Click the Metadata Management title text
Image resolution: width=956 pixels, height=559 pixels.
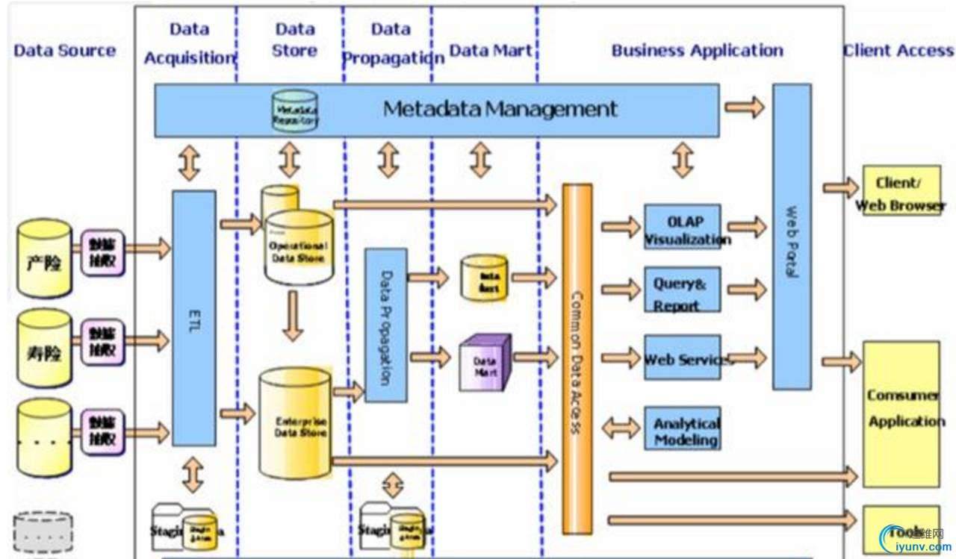[500, 109]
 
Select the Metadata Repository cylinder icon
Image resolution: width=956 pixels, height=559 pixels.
[295, 111]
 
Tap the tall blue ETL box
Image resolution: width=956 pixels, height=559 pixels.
[193, 318]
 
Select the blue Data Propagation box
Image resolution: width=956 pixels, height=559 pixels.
[386, 325]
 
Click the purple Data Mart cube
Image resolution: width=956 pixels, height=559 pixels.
[485, 363]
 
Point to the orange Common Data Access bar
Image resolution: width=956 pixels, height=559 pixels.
[577, 358]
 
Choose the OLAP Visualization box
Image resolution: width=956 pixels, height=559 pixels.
[683, 227]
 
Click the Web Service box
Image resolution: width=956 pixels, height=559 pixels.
[683, 357]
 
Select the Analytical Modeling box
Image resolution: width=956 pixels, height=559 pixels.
[683, 428]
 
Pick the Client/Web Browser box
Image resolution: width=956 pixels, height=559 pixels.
[901, 191]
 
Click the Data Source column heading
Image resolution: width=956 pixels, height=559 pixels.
[65, 51]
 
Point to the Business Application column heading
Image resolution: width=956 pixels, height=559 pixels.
[698, 51]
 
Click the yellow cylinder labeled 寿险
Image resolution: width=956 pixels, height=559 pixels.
[44, 343]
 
